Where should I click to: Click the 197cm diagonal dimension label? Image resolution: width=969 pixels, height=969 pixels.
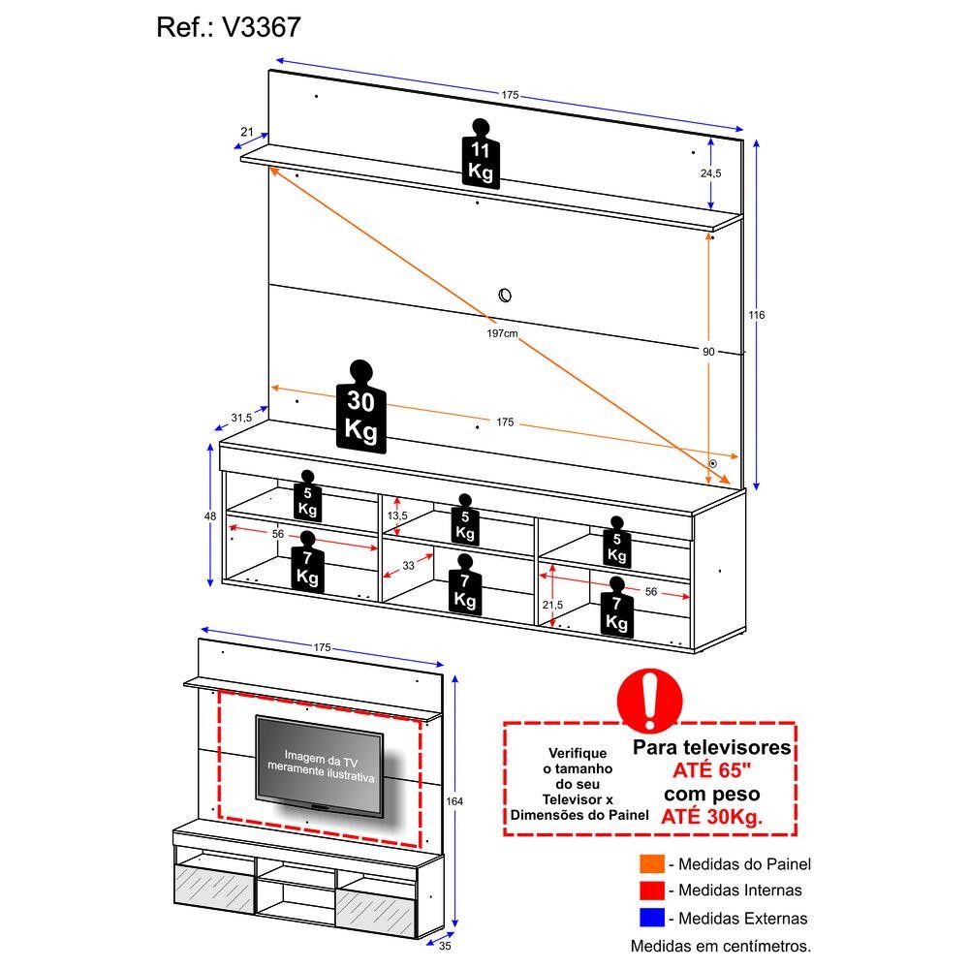pos(502,333)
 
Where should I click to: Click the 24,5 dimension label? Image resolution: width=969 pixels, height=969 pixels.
pos(711,173)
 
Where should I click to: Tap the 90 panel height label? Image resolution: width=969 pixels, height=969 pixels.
pos(709,352)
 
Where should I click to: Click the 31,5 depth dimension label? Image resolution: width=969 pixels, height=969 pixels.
pos(241,418)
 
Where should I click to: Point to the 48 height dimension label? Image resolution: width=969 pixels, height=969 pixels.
pos(210,516)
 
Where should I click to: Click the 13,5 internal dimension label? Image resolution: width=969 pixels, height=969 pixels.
pos(397,515)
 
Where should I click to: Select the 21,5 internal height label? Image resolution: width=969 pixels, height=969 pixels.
pos(553,605)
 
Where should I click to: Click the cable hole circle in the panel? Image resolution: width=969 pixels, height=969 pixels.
pos(504,295)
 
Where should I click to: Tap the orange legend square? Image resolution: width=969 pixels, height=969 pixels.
pos(650,864)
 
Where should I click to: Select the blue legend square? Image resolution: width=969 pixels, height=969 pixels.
pos(650,917)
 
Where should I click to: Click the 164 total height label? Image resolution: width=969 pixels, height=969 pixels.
pos(455,801)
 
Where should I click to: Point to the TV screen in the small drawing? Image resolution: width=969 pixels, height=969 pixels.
pos(319,762)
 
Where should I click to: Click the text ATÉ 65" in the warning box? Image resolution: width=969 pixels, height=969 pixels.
pos(712,771)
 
